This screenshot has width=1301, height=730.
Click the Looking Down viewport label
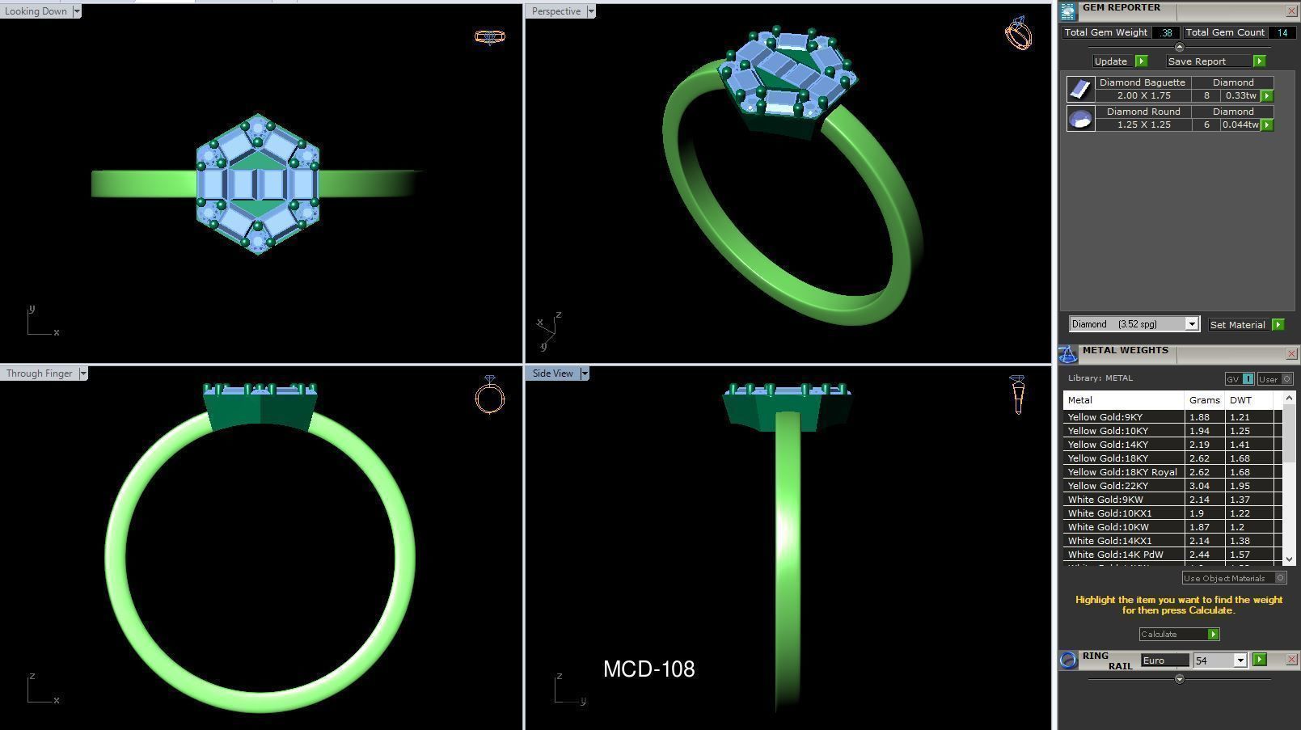click(x=36, y=11)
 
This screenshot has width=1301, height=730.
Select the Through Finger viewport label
click(x=39, y=373)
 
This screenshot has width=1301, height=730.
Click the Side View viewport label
click(x=552, y=373)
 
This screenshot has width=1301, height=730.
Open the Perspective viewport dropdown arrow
click(x=591, y=11)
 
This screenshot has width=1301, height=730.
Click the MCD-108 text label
click(x=648, y=669)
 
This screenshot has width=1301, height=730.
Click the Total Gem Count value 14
click(x=1282, y=32)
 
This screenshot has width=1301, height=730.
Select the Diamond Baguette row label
click(x=1142, y=82)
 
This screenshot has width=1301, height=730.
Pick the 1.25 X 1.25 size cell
click(x=1143, y=124)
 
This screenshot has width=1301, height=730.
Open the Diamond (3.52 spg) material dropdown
click(x=1191, y=324)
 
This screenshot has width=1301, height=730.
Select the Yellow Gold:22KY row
click(x=1108, y=486)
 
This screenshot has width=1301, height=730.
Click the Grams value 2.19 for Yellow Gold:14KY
click(x=1198, y=445)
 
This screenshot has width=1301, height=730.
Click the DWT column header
click(x=1240, y=400)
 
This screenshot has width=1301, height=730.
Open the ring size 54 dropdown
click(x=1240, y=660)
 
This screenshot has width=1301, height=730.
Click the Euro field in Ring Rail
click(x=1164, y=660)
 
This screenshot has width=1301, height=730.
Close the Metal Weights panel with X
click(x=1291, y=354)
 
